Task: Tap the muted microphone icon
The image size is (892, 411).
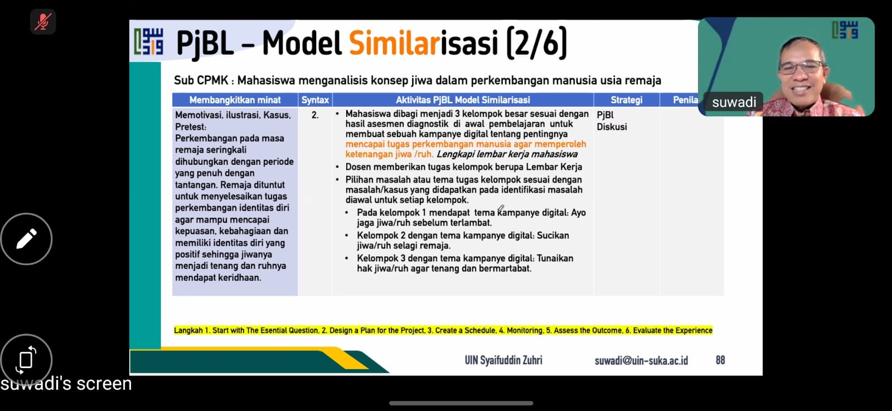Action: pos(42,22)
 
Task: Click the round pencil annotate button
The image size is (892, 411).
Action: pos(26,239)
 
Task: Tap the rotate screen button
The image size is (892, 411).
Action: pos(26,359)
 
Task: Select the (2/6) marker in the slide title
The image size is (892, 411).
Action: pos(536,43)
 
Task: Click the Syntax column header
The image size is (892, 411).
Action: pos(315,100)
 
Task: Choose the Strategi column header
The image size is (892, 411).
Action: pos(627,100)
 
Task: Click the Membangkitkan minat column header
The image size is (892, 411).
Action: pos(235,100)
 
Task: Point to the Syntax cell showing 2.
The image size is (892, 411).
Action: pos(315,115)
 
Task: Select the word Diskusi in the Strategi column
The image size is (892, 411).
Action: pos(612,127)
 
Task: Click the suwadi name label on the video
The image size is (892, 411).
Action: pos(734,102)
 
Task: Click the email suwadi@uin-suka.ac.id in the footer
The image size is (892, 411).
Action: pos(641,360)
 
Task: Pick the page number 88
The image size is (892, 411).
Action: pos(720,360)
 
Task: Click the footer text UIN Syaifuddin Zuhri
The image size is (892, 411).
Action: pos(503,360)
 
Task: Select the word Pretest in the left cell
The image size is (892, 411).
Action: pos(190,127)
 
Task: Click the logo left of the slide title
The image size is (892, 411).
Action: pos(148,41)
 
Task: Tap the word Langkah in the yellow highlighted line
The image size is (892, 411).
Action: pos(188,330)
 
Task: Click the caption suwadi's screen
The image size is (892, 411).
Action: pos(66,383)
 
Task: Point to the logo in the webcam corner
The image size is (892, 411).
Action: pos(845,30)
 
